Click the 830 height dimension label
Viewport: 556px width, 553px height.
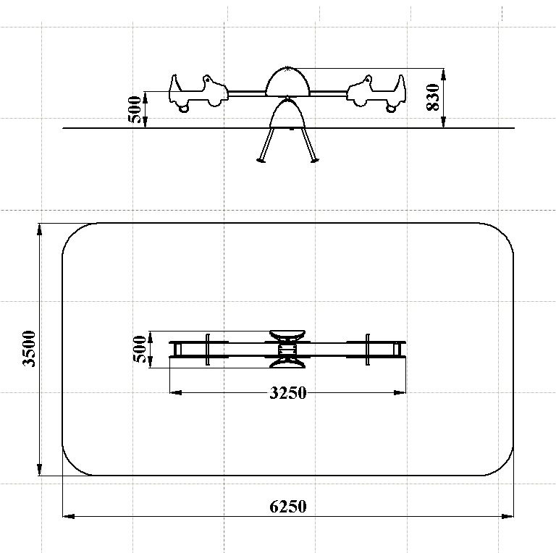434,98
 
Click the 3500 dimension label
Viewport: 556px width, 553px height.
29,349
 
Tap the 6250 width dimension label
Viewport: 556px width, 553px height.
288,507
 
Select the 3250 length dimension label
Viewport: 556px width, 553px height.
288,393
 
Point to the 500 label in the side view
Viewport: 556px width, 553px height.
136,109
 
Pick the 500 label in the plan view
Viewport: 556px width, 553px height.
140,350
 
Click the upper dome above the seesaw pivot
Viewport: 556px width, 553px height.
287,82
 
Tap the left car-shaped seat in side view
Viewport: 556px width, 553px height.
198,93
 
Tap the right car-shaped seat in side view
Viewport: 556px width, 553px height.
376,93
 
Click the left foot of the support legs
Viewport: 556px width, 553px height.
261,161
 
